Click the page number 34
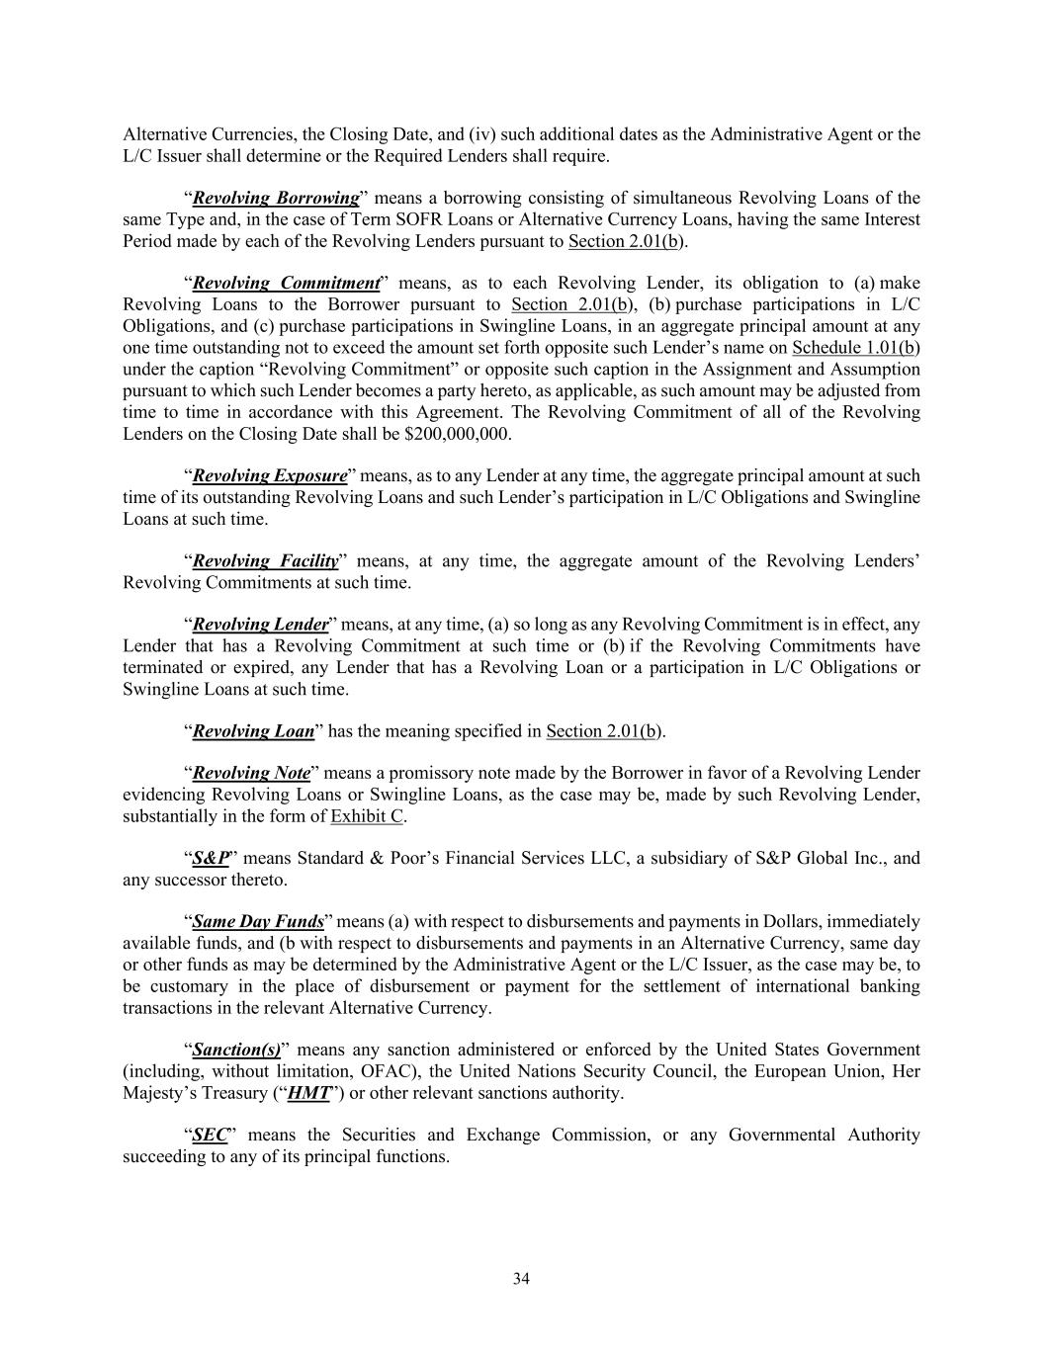click(x=521, y=1279)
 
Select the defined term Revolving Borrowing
click(x=276, y=198)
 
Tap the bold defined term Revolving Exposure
click(x=270, y=475)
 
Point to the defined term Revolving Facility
click(x=265, y=560)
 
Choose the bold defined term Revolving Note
click(x=251, y=773)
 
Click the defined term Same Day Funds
click(x=258, y=922)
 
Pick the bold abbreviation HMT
click(x=307, y=1092)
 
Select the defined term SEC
click(x=210, y=1135)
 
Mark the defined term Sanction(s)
click(x=236, y=1050)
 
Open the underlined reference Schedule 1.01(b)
click(x=856, y=348)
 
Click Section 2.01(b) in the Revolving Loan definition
click(x=603, y=731)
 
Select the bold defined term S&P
click(x=211, y=858)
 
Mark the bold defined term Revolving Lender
click(x=260, y=625)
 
